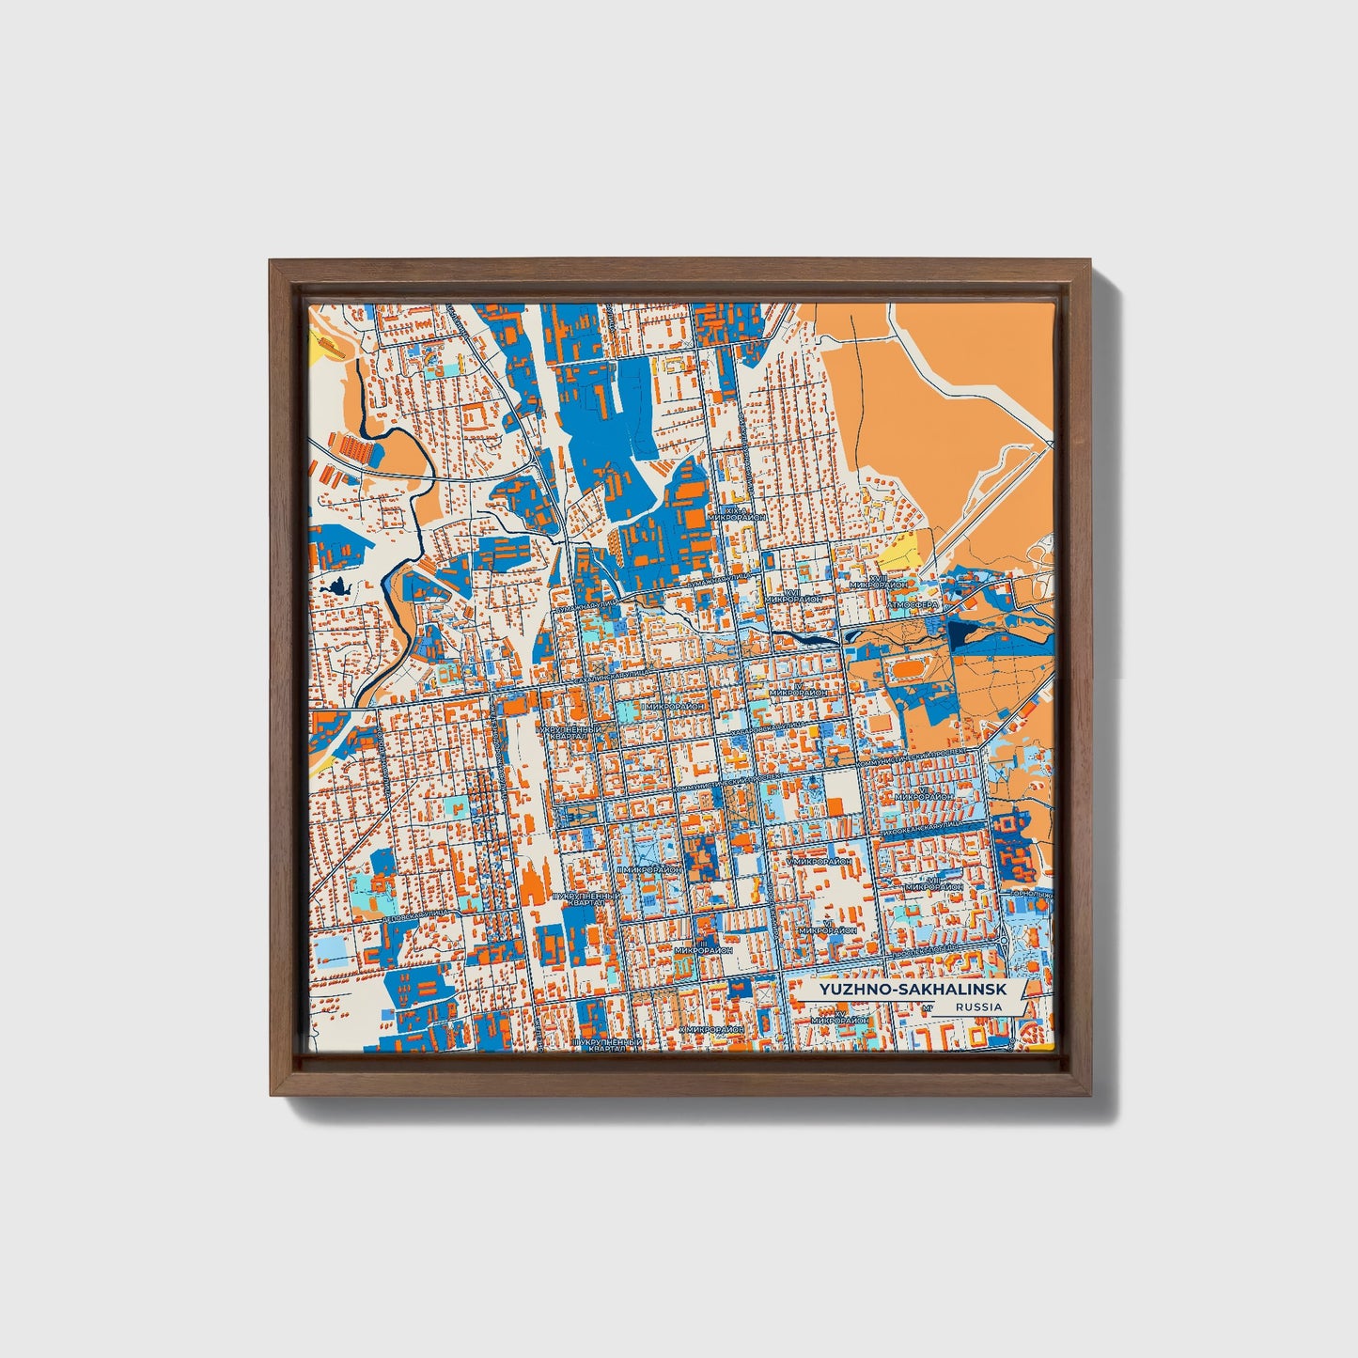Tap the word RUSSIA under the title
(x=977, y=1007)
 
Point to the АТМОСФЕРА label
(x=915, y=606)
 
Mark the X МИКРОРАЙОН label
(x=711, y=1030)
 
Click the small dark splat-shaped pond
(x=336, y=589)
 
